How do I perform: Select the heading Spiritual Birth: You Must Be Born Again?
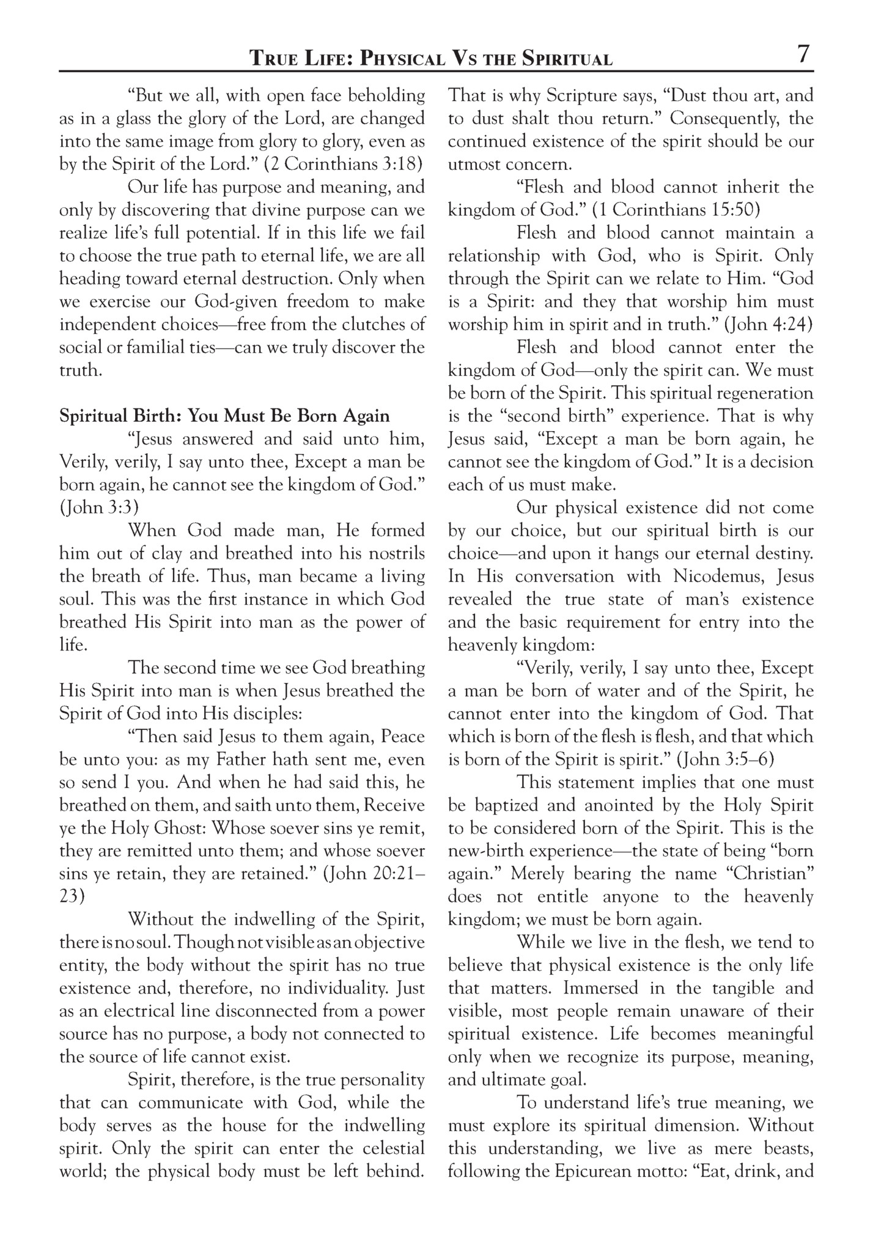point(224,416)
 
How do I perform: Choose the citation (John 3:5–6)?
point(726,760)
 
